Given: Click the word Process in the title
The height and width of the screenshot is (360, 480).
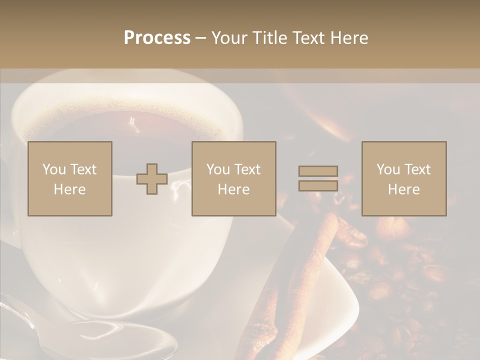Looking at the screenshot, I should pyautogui.click(x=157, y=38).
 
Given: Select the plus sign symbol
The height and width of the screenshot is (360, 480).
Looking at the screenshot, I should pyautogui.click(x=152, y=178).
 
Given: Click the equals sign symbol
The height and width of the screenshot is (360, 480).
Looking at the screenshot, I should pyautogui.click(x=318, y=178).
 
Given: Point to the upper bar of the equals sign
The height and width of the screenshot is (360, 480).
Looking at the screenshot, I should pyautogui.click(x=318, y=171).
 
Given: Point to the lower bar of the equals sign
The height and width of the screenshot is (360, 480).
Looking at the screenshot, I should pyautogui.click(x=318, y=185).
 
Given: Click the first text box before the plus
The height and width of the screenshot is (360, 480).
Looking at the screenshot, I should pyautogui.click(x=70, y=178).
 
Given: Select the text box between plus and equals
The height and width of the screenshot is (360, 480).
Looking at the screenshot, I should pyautogui.click(x=233, y=178).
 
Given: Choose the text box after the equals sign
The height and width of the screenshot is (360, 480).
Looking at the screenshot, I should pyautogui.click(x=403, y=178).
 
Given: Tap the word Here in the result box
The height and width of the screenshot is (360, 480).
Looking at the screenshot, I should pyautogui.click(x=403, y=189).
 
